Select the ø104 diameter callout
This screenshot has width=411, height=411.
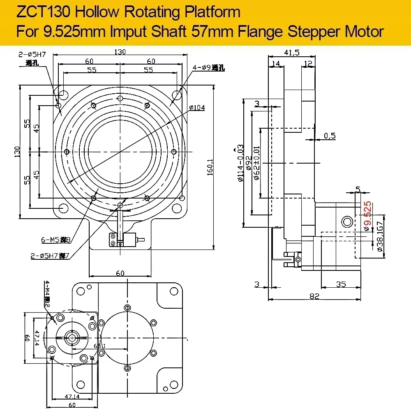tap(197, 108)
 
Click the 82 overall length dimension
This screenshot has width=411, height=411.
tap(314, 296)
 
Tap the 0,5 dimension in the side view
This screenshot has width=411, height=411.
tap(330, 136)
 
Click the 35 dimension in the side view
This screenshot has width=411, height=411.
tap(340, 284)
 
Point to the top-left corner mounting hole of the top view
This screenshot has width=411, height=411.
tap(63, 95)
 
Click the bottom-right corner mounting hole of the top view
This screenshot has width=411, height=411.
tap(177, 209)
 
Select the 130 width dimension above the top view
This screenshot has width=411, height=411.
tap(120, 52)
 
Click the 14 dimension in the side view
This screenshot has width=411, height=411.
tap(275, 64)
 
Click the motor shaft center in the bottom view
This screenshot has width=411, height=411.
tap(73, 338)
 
